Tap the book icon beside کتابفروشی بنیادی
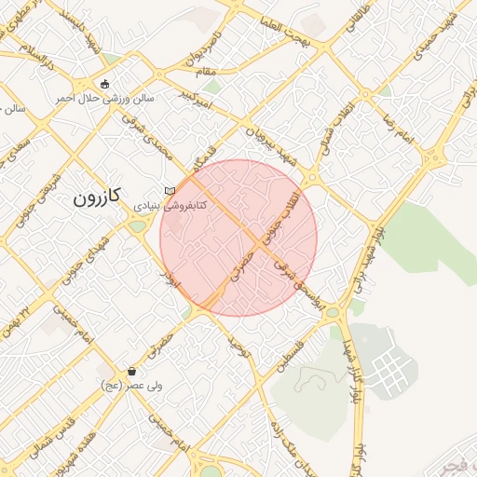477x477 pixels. (170, 191)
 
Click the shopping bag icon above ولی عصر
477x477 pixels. (132, 371)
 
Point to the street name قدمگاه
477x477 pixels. (198, 158)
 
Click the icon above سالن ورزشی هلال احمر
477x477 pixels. (103, 83)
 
